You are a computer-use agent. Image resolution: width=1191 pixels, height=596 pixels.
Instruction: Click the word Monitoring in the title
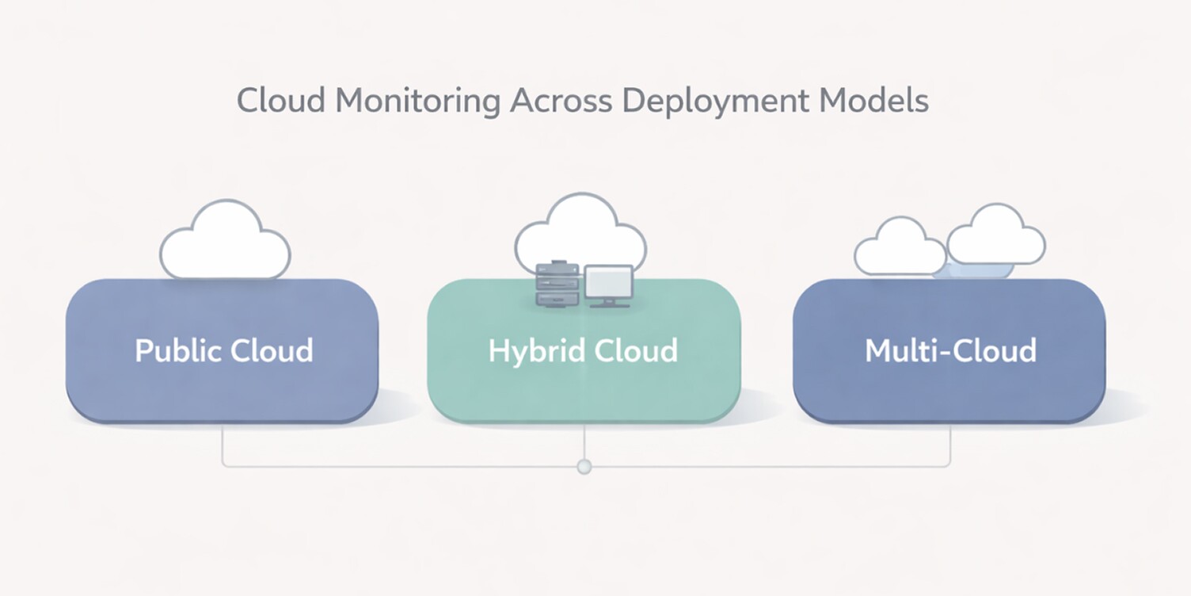[x=417, y=101]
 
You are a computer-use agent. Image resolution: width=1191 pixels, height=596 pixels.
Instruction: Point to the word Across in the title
[x=560, y=101]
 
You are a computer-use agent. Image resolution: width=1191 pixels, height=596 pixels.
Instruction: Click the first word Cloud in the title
[x=280, y=101]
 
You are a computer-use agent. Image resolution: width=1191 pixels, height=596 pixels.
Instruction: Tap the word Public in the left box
[x=178, y=350]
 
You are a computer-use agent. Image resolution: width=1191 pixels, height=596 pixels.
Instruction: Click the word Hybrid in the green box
[x=534, y=350]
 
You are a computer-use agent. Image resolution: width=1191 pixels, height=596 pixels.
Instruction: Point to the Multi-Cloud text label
[x=950, y=350]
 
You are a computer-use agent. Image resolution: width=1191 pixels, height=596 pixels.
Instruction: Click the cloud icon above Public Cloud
[x=225, y=242]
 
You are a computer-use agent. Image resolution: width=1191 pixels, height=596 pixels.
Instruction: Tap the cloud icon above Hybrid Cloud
[x=580, y=230]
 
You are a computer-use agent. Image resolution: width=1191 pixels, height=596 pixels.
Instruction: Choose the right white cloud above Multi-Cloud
[x=996, y=236]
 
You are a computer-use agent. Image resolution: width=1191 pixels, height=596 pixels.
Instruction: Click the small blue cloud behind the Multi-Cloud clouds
[x=974, y=270]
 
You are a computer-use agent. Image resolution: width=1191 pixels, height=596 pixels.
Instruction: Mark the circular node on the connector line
[x=584, y=467]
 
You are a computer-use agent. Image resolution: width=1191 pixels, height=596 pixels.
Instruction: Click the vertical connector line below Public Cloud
[x=223, y=445]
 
